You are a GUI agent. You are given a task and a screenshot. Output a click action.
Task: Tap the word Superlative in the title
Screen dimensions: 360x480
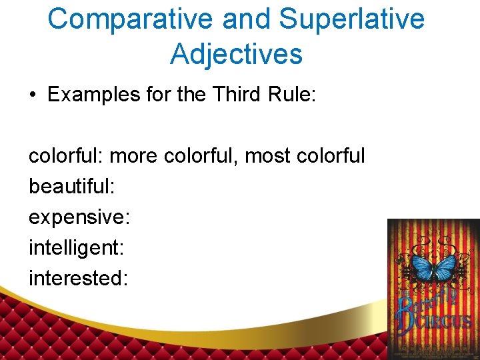click(x=351, y=19)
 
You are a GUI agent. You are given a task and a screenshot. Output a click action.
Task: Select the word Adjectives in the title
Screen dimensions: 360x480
click(x=236, y=54)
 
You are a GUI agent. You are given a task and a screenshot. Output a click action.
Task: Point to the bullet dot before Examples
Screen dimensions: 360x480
click(x=32, y=95)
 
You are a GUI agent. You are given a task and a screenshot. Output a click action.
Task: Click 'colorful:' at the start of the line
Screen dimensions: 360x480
click(x=65, y=156)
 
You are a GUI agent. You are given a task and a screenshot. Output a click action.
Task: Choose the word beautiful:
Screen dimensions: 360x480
click(x=71, y=187)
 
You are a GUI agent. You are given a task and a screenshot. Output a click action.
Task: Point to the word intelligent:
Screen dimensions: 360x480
click(x=76, y=248)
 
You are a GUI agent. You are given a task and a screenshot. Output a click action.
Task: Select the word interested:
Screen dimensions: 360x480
click(x=77, y=278)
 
